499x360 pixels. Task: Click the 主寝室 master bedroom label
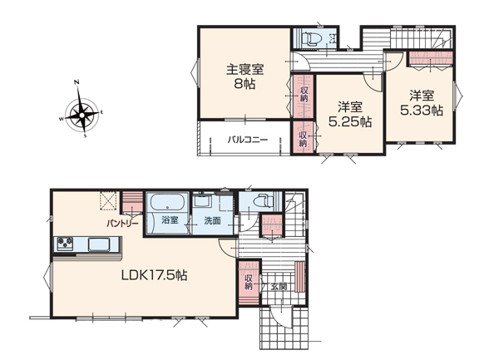[245, 70]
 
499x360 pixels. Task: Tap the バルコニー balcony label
[248, 140]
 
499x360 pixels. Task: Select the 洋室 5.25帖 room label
[350, 114]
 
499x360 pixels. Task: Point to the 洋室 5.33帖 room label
[422, 103]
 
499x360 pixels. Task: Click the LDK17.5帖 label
[155, 275]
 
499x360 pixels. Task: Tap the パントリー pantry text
[122, 224]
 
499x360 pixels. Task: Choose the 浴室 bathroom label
[170, 220]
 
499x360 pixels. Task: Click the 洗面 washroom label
[212, 220]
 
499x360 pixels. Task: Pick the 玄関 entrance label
[279, 287]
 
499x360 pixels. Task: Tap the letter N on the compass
[77, 82]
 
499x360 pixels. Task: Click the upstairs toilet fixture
[312, 39]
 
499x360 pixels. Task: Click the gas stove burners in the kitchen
[65, 244]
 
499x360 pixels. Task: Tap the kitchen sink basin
[99, 244]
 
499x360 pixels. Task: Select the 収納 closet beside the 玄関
[248, 282]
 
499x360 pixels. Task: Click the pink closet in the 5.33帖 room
[431, 58]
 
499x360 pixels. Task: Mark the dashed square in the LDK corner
[109, 201]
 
